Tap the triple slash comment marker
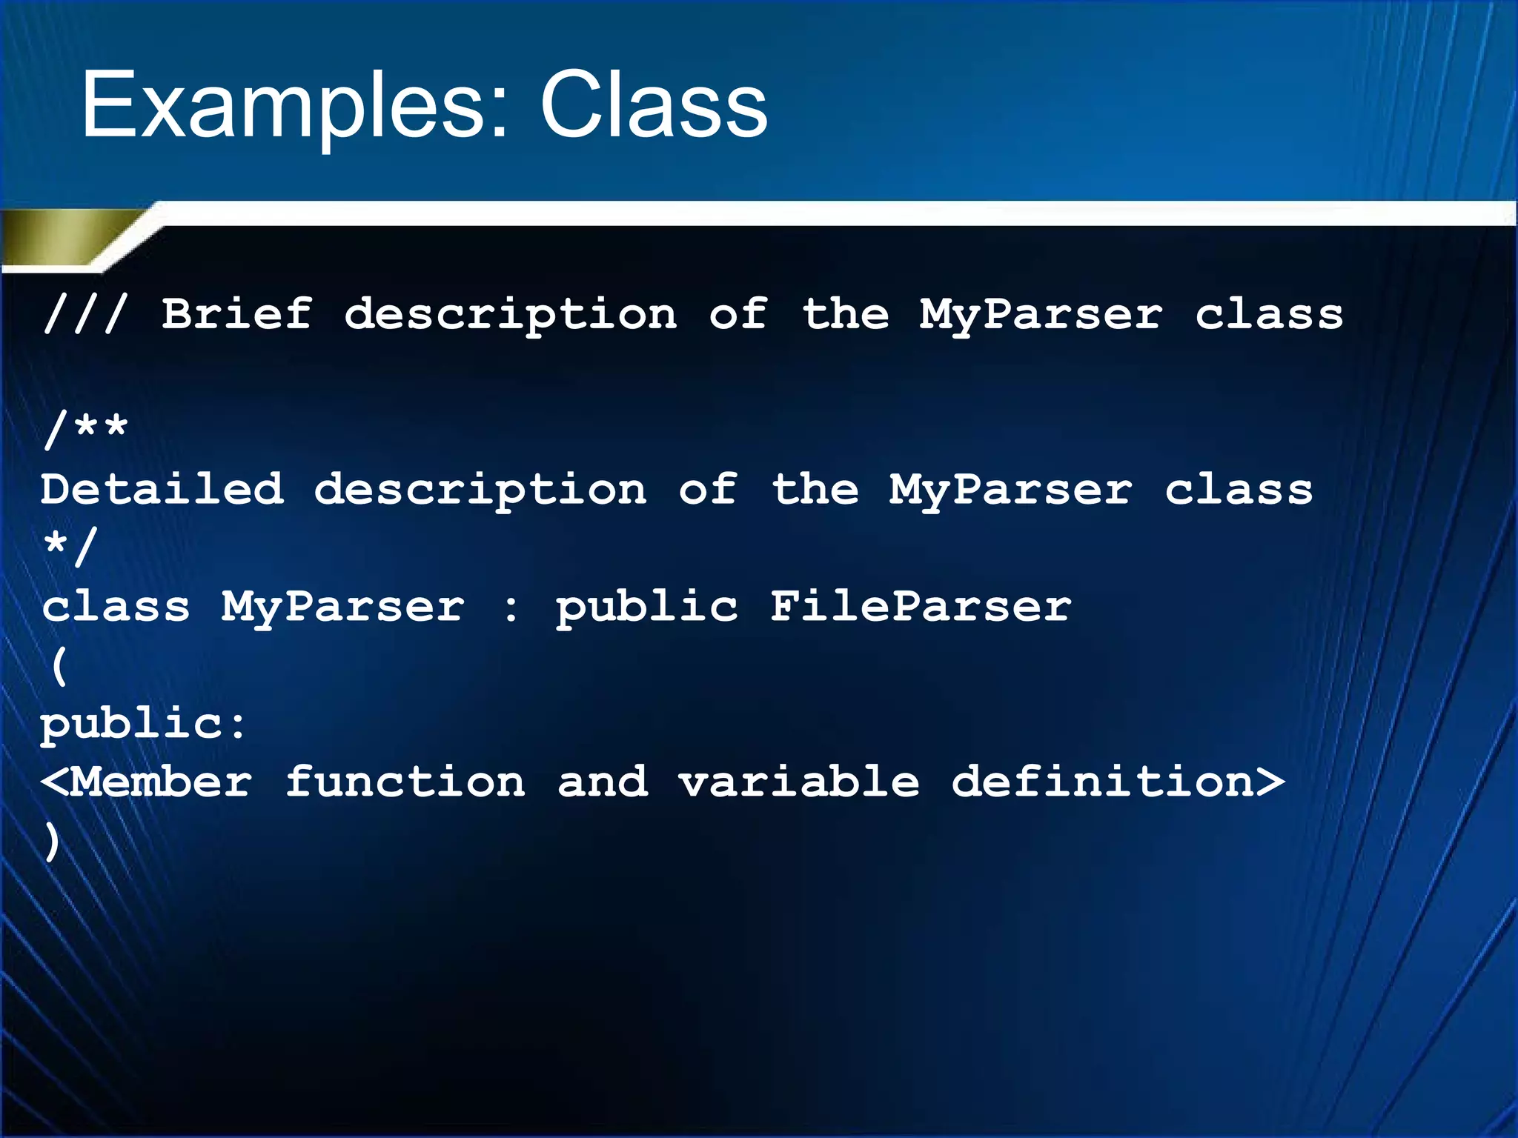(85, 314)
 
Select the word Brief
(236, 314)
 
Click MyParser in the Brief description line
(1041, 314)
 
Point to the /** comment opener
(85, 428)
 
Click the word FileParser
(920, 606)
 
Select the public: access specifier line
(142, 723)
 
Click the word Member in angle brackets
(162, 782)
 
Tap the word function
(405, 782)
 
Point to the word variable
(799, 782)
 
